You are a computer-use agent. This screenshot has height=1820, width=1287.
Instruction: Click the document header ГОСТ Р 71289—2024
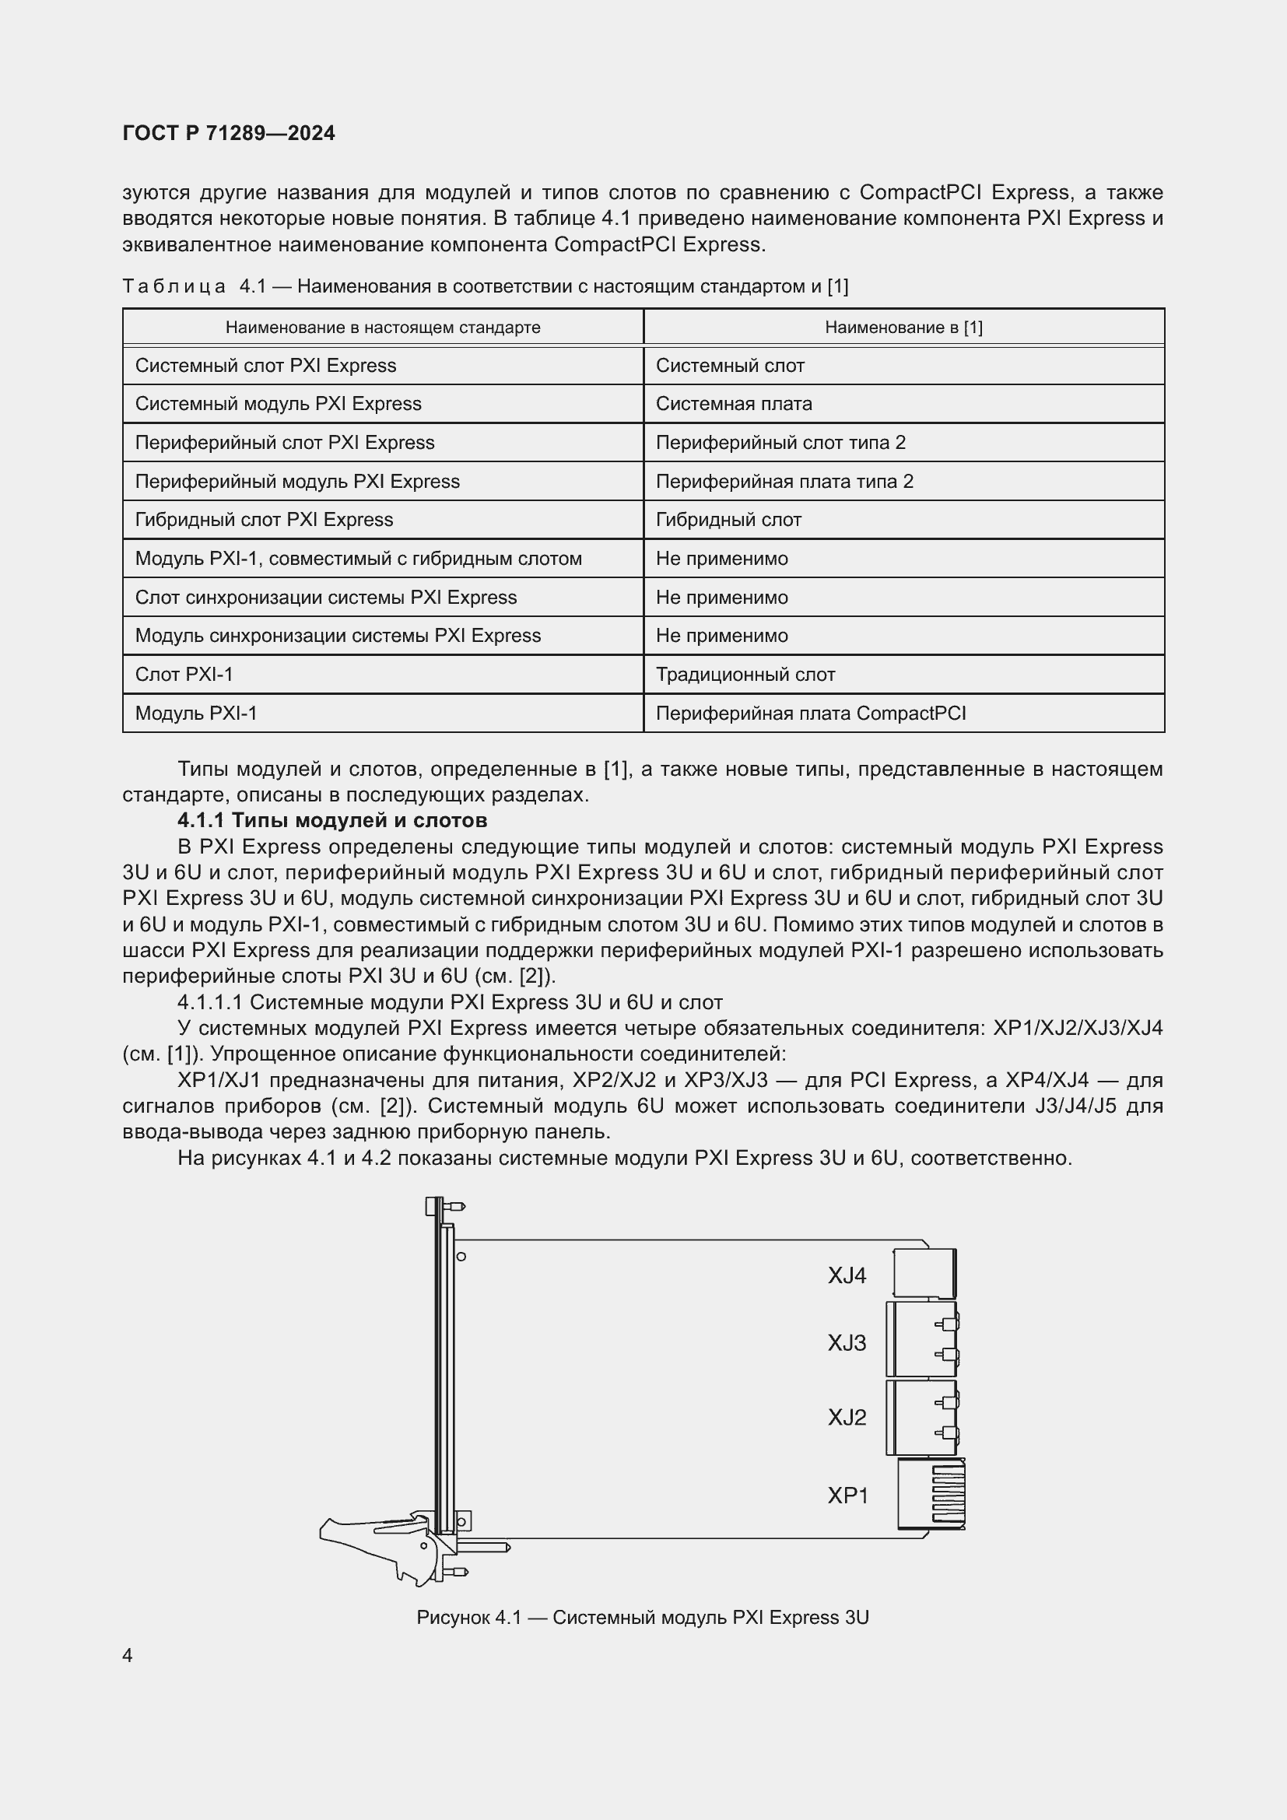pyautogui.click(x=229, y=133)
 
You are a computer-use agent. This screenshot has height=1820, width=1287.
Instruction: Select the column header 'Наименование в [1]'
pyautogui.click(x=903, y=328)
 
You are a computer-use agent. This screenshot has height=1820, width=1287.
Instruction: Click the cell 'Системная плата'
pyautogui.click(x=733, y=404)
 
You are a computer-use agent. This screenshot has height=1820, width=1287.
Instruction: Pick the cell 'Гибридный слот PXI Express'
pyautogui.click(x=264, y=520)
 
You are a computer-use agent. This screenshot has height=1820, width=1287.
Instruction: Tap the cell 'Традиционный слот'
pyautogui.click(x=745, y=675)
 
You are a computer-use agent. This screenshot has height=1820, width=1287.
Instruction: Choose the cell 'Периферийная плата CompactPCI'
pyautogui.click(x=810, y=714)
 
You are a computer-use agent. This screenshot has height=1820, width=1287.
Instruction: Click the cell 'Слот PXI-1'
pyautogui.click(x=184, y=675)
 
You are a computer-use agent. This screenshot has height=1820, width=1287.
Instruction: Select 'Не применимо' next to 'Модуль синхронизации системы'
pyautogui.click(x=721, y=636)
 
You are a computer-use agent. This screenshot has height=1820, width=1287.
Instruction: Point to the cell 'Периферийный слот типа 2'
pyautogui.click(x=780, y=442)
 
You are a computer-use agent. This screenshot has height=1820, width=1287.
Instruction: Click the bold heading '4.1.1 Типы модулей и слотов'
pyautogui.click(x=332, y=820)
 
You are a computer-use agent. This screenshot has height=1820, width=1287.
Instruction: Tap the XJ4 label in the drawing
pyautogui.click(x=847, y=1275)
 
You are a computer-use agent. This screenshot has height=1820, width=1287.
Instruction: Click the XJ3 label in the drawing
pyautogui.click(x=847, y=1343)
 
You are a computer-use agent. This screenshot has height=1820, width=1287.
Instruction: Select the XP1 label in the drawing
pyautogui.click(x=848, y=1496)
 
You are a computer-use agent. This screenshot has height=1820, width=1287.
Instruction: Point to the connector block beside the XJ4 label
pyautogui.click(x=924, y=1274)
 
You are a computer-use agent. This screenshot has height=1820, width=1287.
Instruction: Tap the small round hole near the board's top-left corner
pyautogui.click(x=461, y=1257)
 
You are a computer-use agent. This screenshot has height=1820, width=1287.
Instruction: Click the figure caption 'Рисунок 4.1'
pyautogui.click(x=642, y=1618)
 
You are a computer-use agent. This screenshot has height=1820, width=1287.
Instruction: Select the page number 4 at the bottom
pyautogui.click(x=128, y=1656)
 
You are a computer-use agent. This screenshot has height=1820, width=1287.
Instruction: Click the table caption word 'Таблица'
pyautogui.click(x=174, y=286)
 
